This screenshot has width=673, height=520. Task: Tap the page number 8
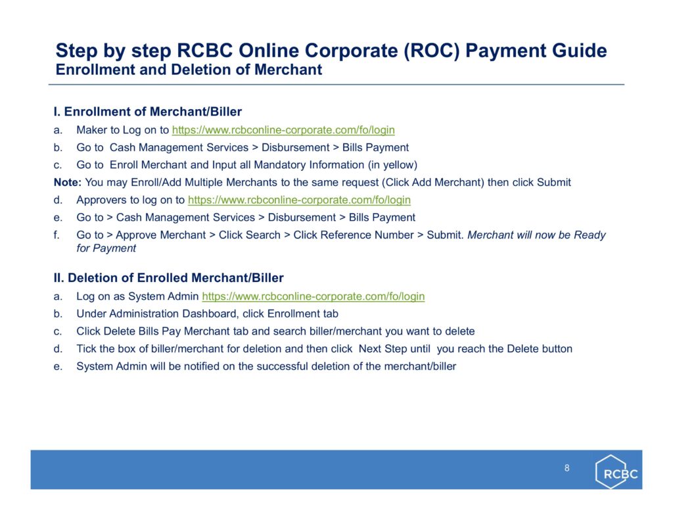[x=567, y=468]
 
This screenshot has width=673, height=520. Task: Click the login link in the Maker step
[x=283, y=130]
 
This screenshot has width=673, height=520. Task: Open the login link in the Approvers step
[x=299, y=200]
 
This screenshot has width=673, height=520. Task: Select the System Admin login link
[x=313, y=296]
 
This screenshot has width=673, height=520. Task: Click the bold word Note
[x=68, y=183]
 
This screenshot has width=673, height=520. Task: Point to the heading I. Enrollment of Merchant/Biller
[x=148, y=112]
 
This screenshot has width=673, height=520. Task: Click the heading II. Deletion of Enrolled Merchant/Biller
[x=169, y=278]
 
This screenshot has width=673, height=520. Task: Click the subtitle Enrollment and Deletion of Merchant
[x=189, y=70]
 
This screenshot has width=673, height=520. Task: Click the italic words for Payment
[x=106, y=248]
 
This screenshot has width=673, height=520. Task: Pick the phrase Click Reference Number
[x=353, y=235]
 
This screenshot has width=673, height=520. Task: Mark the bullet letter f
[x=57, y=235]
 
